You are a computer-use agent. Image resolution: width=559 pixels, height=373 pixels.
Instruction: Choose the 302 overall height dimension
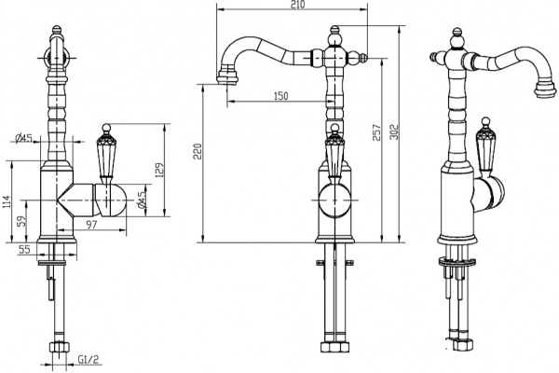[x=397, y=133]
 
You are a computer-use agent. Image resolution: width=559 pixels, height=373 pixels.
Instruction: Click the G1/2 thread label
[x=89, y=359]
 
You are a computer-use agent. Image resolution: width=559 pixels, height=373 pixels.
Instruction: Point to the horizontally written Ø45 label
[x=24, y=139]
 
